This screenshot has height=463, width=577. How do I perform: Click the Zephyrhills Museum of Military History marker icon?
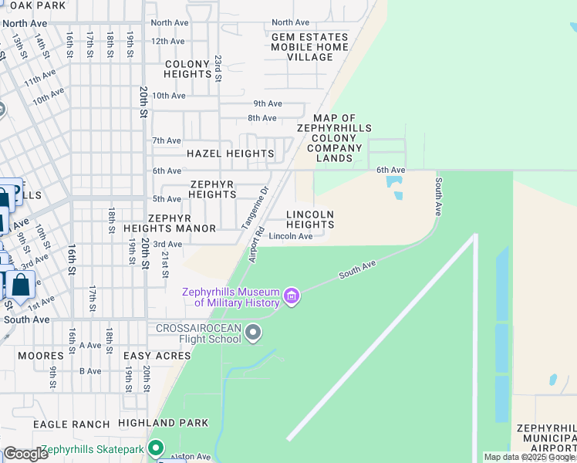point(292,296)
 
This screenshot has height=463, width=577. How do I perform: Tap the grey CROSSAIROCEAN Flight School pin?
point(253,333)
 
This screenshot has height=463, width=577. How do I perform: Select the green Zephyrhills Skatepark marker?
point(157,448)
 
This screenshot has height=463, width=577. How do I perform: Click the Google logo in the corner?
point(25,454)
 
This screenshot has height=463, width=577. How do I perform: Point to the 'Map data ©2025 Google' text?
point(529,457)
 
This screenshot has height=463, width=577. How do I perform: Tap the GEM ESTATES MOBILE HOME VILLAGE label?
point(309,47)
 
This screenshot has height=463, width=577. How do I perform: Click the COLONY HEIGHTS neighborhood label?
point(187,69)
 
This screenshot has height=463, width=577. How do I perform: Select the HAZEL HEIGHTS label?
point(231,154)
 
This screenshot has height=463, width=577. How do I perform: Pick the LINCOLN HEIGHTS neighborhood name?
point(310,219)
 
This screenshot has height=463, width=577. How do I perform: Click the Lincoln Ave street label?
point(291,236)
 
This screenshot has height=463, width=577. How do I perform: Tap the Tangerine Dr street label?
point(255,208)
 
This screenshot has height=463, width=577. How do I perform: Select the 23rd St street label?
point(218,68)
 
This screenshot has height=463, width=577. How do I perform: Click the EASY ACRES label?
point(157,356)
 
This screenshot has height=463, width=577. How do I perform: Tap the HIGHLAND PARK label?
point(163,423)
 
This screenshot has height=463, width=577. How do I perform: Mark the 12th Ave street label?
point(168,41)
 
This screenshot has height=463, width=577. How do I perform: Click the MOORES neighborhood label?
point(40,356)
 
